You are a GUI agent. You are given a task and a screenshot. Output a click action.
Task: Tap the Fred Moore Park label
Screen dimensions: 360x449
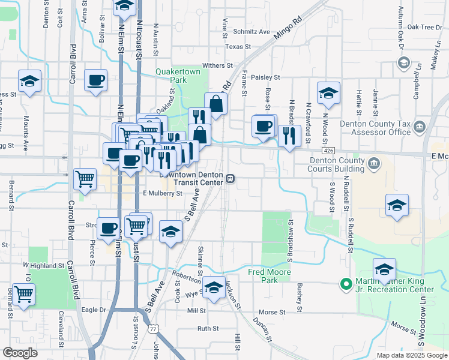coord(270,276)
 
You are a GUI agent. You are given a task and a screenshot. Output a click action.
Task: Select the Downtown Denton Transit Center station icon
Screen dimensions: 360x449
coord(230,178)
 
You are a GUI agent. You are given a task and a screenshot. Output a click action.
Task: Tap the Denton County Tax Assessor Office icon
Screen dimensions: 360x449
coord(419,127)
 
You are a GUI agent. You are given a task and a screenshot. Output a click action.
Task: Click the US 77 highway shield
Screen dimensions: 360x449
coord(154,329)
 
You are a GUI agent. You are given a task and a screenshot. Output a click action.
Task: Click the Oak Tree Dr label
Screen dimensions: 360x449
coord(424,27)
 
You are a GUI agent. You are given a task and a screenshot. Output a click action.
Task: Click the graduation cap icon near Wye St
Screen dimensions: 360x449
coord(214,287)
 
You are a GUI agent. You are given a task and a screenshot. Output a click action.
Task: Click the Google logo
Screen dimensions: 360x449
coord(20,353)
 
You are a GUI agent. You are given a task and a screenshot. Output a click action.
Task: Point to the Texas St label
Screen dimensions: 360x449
coord(238,46)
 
